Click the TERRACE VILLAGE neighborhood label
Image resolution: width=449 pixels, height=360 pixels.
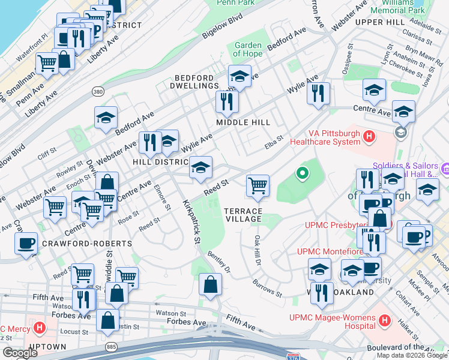[x=243, y=215]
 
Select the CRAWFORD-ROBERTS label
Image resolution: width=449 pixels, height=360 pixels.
[x=86, y=244]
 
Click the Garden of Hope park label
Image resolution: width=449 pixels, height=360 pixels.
[x=248, y=49]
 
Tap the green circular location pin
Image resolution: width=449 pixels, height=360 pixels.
[x=303, y=174]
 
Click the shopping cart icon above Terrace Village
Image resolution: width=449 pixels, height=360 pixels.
[x=258, y=186]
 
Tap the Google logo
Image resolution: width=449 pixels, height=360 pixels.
[x=20, y=352]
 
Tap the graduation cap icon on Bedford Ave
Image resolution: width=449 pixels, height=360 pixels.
[x=106, y=118]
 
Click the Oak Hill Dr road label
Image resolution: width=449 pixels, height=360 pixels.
[x=258, y=249]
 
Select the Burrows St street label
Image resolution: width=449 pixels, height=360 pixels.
[x=267, y=288]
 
